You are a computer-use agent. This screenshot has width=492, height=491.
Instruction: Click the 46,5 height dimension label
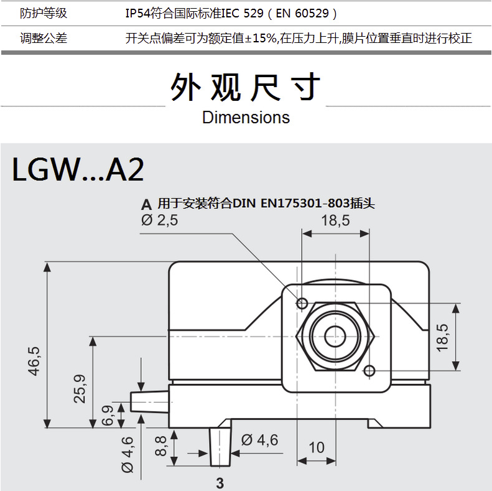(x=34, y=361)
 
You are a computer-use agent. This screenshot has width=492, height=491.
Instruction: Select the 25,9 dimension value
(x=80, y=389)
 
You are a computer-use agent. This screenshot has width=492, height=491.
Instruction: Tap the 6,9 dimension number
(x=108, y=415)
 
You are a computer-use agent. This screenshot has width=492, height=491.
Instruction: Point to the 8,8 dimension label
(x=160, y=446)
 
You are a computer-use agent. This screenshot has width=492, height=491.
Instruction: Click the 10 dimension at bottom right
(x=316, y=447)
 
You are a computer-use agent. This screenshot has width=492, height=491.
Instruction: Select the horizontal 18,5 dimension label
(x=335, y=220)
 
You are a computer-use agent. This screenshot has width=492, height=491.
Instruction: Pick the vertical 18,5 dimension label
(x=442, y=337)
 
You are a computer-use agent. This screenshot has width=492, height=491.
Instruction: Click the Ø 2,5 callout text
(x=159, y=220)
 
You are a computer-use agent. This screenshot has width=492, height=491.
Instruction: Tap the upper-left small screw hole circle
(x=302, y=303)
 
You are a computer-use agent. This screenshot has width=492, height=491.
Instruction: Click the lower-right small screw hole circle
(x=369, y=371)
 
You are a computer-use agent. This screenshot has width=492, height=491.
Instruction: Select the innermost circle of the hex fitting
(x=335, y=337)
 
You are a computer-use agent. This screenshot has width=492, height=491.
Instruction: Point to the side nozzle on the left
(x=150, y=402)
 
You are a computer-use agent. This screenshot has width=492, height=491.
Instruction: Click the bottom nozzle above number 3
(x=220, y=447)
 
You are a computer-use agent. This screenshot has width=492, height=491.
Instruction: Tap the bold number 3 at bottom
(x=220, y=483)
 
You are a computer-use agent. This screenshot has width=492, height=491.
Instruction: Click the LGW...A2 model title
(x=78, y=169)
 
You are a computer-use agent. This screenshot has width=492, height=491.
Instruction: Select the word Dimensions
(x=246, y=118)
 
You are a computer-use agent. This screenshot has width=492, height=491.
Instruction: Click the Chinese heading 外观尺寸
(x=245, y=87)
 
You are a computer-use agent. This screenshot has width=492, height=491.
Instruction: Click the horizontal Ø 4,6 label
(x=260, y=440)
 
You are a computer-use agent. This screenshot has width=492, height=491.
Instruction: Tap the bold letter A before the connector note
(x=146, y=205)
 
